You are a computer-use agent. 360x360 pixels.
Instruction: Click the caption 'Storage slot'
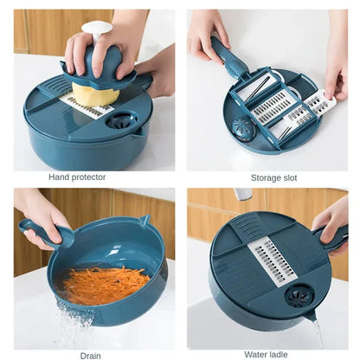click(x=273, y=177)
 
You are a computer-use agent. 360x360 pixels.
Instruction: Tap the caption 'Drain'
click(x=90, y=355)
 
